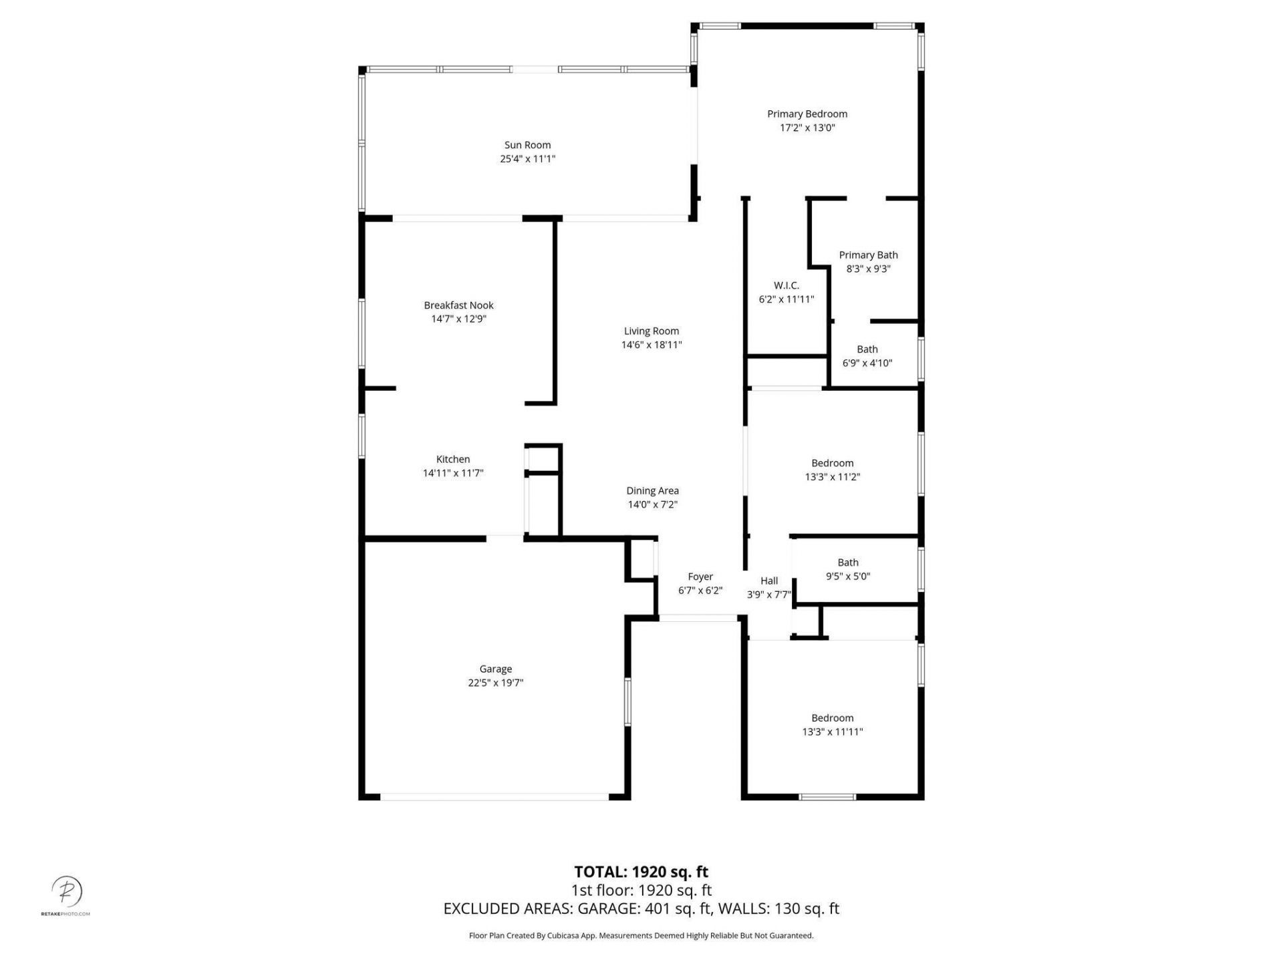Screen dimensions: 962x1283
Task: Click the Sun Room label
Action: point(527,145)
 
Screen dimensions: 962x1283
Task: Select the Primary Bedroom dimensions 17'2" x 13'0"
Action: point(807,128)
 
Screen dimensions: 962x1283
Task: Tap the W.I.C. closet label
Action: point(786,285)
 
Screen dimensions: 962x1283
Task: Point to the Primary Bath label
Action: point(868,255)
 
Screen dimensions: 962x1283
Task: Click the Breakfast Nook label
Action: point(458,305)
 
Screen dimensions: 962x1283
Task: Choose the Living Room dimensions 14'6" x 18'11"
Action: point(651,345)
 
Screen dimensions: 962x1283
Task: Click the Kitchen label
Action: point(453,459)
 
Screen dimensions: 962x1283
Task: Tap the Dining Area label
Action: point(652,490)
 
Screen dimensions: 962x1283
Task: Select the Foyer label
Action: point(700,577)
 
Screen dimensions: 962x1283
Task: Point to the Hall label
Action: point(769,581)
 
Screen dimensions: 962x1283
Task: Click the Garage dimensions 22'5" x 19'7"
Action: point(495,683)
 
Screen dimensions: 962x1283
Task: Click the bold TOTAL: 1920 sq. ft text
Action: point(641,872)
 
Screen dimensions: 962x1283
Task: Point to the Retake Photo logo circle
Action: point(67,891)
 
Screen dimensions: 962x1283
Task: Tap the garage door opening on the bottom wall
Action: point(494,796)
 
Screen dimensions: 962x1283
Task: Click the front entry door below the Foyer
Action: point(698,619)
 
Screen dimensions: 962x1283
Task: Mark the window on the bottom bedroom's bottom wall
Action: point(827,796)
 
